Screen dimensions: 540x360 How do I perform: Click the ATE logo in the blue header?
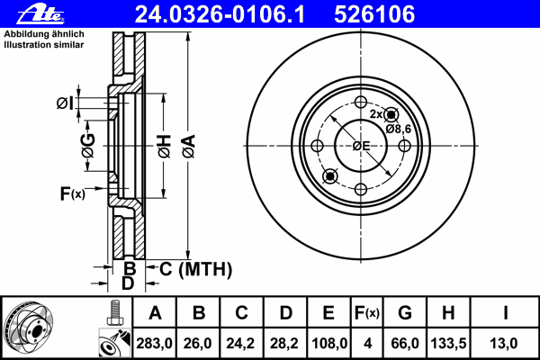(40, 14)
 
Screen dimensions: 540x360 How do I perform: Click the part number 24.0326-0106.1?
(220, 14)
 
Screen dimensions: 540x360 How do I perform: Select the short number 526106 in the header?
(374, 14)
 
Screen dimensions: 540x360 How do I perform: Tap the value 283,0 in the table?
(154, 344)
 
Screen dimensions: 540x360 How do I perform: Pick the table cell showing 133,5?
(448, 344)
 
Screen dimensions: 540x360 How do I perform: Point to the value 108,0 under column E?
(328, 344)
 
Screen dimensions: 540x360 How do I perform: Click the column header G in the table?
(405, 313)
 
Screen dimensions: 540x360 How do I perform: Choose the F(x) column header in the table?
(367, 313)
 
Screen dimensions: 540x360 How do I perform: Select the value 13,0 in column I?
(503, 344)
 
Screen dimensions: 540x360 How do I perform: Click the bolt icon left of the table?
(115, 313)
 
